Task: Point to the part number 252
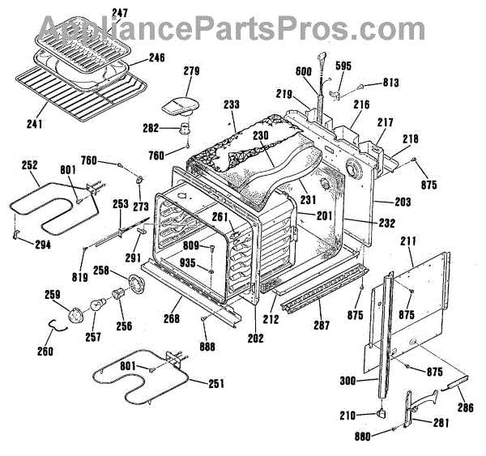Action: tap(30, 165)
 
